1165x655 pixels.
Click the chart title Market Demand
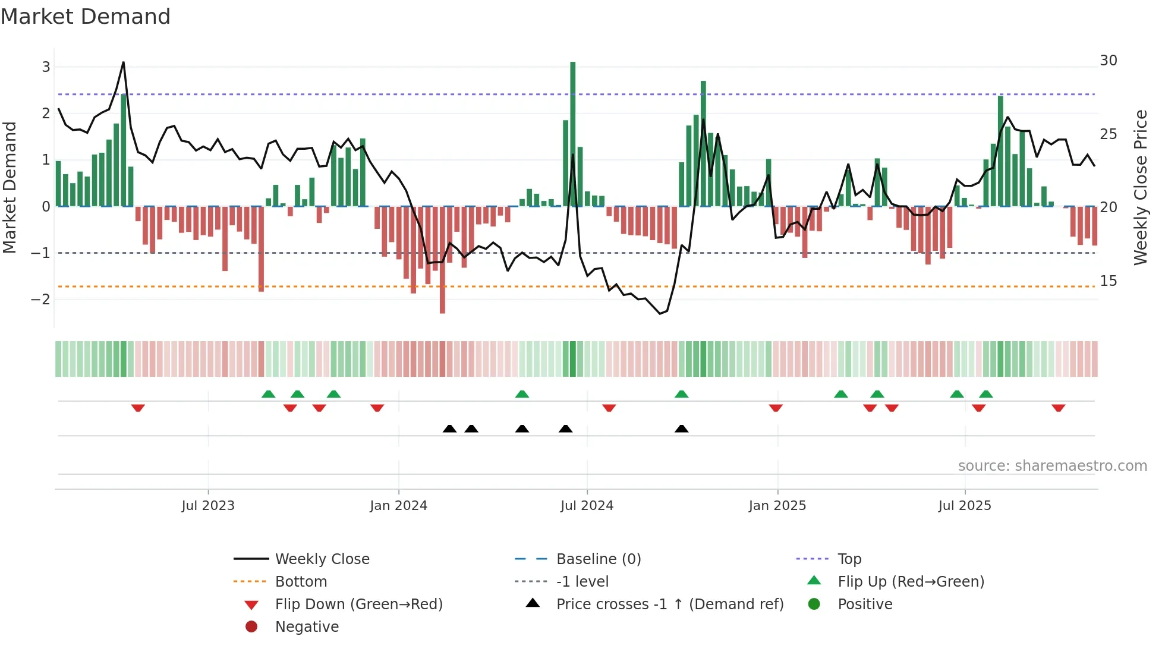(86, 17)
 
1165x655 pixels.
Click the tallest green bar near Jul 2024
(572, 134)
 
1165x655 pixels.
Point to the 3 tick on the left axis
(46, 67)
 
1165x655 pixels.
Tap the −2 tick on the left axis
(41, 299)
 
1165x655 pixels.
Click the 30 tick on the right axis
(1109, 61)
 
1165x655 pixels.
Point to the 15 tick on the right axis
(1109, 281)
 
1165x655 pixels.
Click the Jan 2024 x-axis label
(398, 506)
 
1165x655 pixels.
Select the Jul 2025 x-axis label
(965, 506)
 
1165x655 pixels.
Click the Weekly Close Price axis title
(1140, 187)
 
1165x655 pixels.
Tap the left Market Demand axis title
(10, 187)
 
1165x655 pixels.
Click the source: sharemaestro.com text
(1052, 466)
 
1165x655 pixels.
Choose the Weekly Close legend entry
(322, 559)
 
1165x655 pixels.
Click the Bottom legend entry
(301, 582)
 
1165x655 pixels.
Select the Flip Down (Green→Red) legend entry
(358, 604)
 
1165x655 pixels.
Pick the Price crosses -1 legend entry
(670, 604)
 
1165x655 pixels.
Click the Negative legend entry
(307, 627)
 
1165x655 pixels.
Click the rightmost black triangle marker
(682, 429)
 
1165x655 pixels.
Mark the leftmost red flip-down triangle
(138, 408)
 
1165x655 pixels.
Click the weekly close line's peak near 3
(123, 62)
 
